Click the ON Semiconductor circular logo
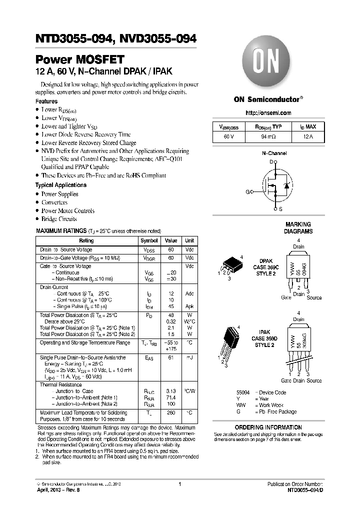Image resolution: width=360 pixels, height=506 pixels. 269,63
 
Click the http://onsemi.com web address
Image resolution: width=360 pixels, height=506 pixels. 269,113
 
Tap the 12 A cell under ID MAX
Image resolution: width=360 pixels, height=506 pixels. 308,136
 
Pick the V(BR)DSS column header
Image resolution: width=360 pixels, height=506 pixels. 228,127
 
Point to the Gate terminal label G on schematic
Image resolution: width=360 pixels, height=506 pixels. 247,191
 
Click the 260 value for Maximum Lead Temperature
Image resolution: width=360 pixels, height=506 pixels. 171,413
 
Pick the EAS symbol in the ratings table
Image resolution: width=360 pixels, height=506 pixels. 149,358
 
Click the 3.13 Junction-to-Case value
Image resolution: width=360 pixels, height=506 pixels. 171,391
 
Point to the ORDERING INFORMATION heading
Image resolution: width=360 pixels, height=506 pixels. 268,427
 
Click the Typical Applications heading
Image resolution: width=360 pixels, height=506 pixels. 60,185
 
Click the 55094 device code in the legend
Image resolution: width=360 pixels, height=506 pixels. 243,392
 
